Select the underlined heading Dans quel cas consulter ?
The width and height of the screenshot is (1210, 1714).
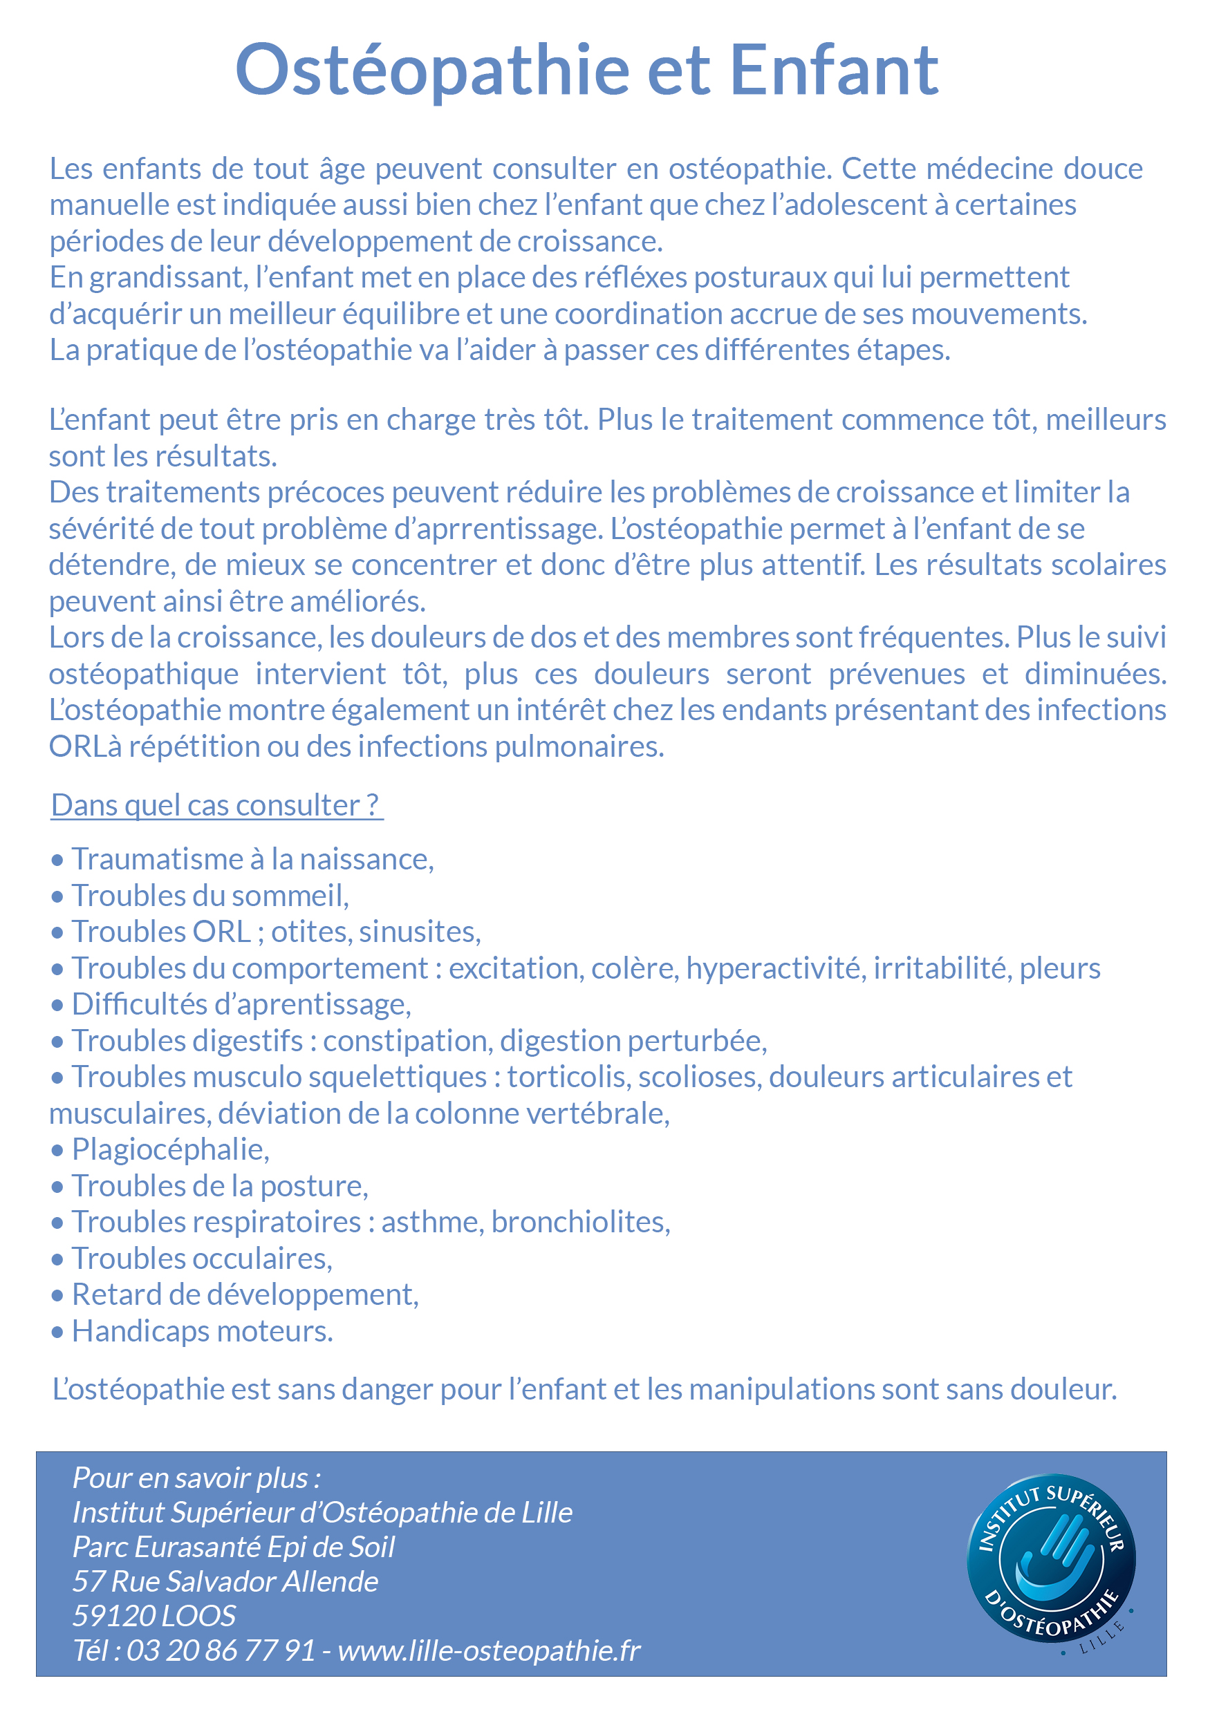click(x=216, y=805)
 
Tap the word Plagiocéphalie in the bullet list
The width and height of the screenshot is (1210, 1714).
click(x=170, y=1149)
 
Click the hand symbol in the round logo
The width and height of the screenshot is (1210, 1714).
click(x=1054, y=1557)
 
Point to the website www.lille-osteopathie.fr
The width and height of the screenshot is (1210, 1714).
click(x=490, y=1650)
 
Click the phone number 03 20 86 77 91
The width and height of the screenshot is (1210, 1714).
click(x=221, y=1650)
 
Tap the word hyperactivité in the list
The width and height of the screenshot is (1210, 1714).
click(x=773, y=968)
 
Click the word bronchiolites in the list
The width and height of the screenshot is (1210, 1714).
click(x=580, y=1222)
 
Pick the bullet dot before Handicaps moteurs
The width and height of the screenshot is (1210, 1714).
click(x=57, y=1333)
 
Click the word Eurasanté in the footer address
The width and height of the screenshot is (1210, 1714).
click(x=198, y=1547)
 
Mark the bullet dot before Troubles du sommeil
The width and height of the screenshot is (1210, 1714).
click(x=57, y=897)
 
